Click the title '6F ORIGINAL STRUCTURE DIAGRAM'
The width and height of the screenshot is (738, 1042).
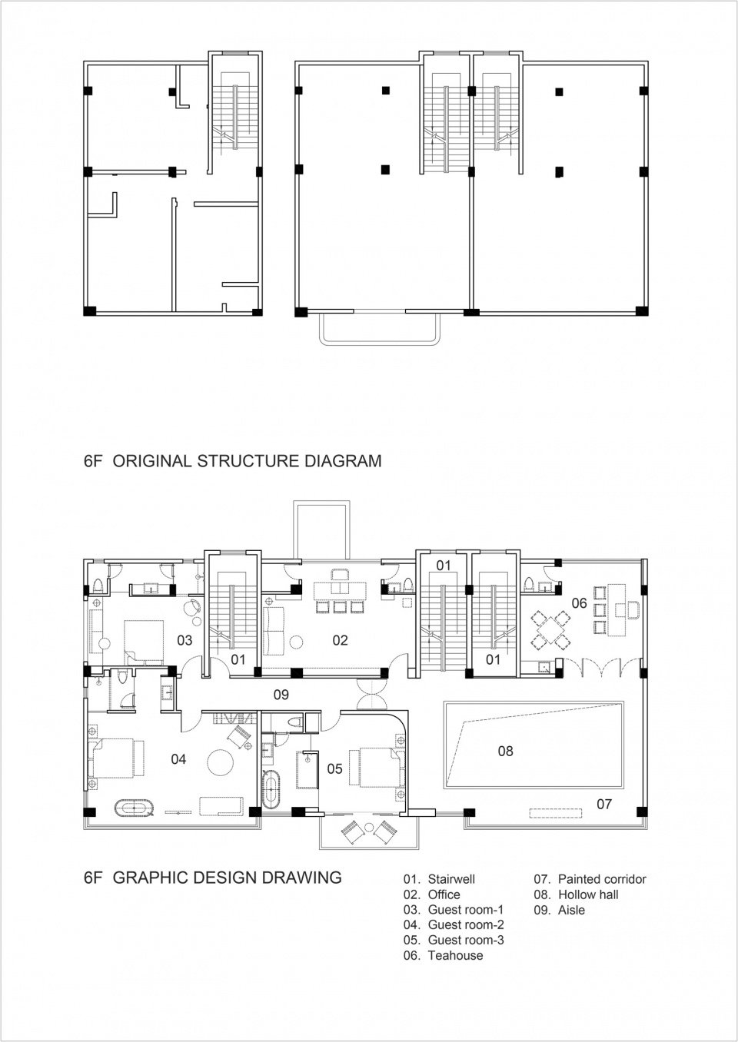(x=232, y=461)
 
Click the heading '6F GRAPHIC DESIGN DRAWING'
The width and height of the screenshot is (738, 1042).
(x=212, y=877)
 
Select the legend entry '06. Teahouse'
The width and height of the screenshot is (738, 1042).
(x=443, y=955)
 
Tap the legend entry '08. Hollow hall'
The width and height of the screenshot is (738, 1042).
(x=576, y=894)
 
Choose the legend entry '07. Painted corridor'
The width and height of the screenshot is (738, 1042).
(x=590, y=879)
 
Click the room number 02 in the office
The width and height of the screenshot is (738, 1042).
(x=340, y=640)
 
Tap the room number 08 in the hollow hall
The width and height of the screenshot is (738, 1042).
(x=505, y=751)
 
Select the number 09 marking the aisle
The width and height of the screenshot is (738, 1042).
(x=281, y=695)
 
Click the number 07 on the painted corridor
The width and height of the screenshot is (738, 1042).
(x=604, y=804)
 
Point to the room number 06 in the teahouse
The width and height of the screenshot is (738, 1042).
(x=579, y=603)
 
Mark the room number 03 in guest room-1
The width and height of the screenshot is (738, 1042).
(x=184, y=640)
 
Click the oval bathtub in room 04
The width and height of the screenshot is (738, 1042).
(x=135, y=808)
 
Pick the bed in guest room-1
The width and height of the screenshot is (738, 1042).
(x=144, y=639)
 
